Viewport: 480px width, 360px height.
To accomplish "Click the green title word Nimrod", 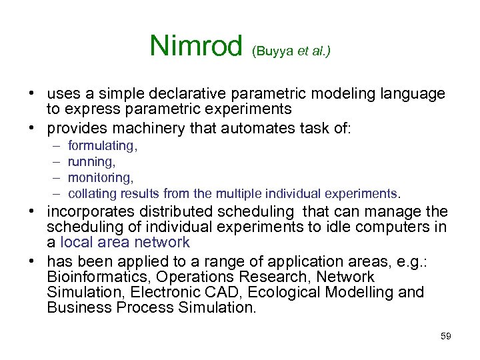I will [197, 45].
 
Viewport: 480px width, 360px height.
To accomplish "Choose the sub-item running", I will [91, 161].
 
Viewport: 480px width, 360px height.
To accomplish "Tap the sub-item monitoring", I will [101, 177].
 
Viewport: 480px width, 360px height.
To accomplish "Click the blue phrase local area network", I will [125, 242].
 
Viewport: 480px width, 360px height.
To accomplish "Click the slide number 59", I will [445, 336].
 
